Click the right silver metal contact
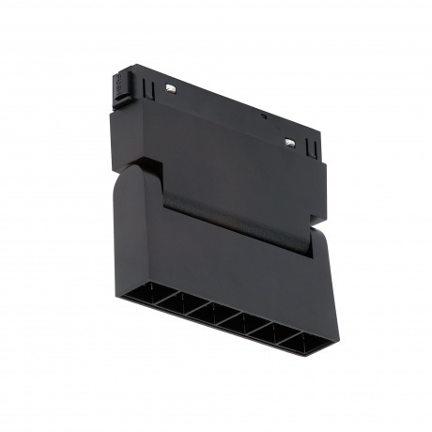pos(290,143)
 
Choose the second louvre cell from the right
pos(272,334)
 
